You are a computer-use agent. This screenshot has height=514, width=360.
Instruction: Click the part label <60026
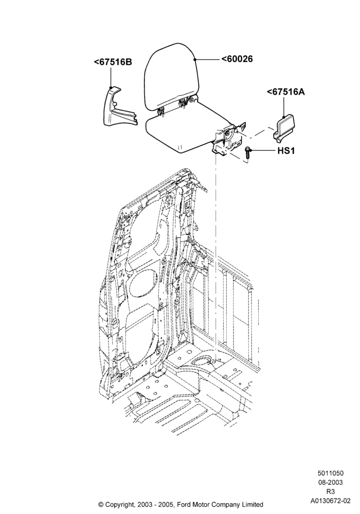[237, 59]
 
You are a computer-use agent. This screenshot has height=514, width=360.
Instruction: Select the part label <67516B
[113, 62]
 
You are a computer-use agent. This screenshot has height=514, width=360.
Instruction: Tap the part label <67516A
[286, 92]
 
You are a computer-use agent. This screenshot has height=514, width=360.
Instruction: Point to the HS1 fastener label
[286, 151]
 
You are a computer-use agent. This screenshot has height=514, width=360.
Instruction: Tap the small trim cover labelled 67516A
[284, 129]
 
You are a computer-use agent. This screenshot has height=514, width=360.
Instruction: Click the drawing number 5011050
[330, 473]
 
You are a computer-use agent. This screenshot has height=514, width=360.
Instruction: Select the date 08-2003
[330, 483]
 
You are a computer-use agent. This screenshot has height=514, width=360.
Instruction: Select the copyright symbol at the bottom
[101, 504]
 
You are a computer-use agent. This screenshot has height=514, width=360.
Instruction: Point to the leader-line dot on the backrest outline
[195, 59]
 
